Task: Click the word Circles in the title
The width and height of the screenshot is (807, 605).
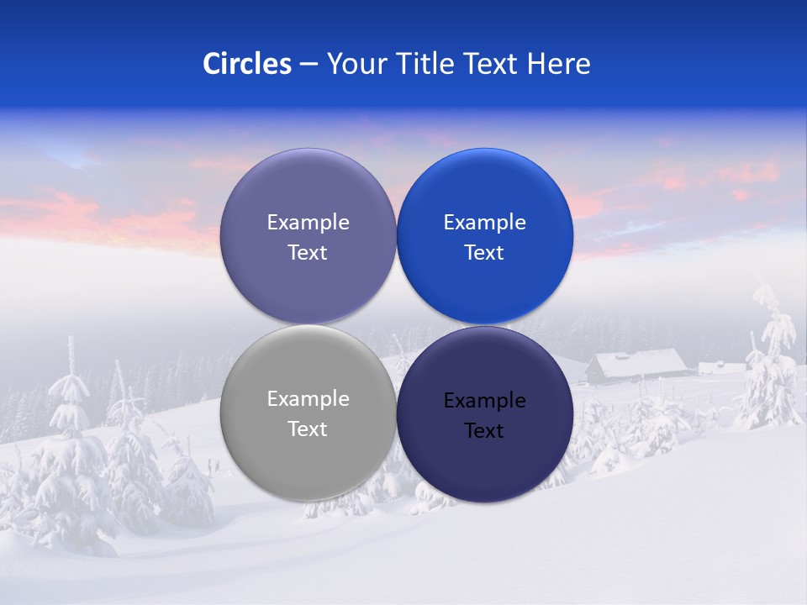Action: coord(247,64)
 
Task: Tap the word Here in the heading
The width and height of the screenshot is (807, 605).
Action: coord(559,64)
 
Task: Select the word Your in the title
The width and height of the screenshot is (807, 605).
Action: coord(356,64)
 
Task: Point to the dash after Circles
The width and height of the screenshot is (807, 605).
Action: coord(309,65)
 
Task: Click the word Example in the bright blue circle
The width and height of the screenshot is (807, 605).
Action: coord(484,223)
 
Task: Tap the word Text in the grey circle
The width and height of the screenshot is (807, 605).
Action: coord(308,429)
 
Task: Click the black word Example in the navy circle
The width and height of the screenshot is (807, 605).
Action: coord(484,401)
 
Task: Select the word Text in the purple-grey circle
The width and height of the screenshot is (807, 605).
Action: coord(308,252)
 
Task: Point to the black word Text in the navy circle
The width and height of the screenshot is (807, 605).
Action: coord(484,430)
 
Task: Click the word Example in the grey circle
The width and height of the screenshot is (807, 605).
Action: coord(308,399)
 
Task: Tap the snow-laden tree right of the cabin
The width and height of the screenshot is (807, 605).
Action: coord(770,361)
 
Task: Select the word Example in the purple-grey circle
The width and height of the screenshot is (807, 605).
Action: coord(308,223)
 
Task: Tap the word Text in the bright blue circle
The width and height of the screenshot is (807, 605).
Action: coord(484,252)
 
